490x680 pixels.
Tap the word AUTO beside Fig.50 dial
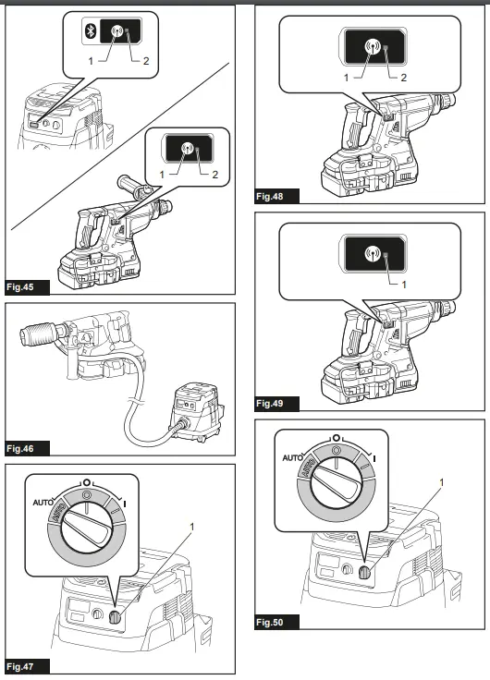[x=294, y=457]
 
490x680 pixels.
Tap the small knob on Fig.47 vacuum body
[x=113, y=619]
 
